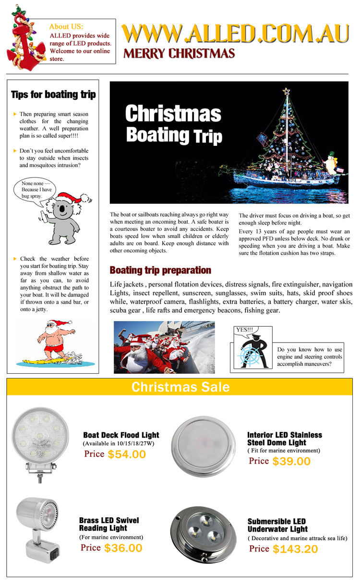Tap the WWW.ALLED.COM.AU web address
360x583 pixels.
235,34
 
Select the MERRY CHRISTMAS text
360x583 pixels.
179,53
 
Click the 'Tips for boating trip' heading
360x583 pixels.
53,95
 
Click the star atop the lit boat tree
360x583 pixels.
287,91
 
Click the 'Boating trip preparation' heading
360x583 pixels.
160,270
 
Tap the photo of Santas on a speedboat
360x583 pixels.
157,347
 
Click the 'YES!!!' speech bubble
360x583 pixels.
244,330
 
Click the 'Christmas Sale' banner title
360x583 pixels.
180,387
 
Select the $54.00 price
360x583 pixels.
127,454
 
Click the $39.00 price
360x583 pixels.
291,461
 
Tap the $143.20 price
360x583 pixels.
295,549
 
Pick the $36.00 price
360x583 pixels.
123,547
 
